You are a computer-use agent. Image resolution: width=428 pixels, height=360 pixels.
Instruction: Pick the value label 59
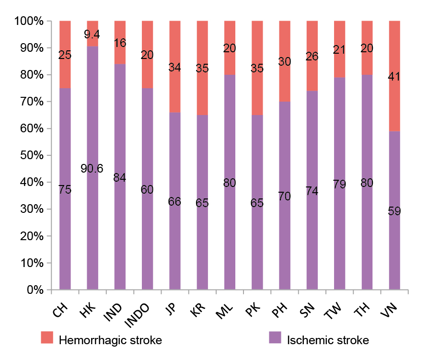394,211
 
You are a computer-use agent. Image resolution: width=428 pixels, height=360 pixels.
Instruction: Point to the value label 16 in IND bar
120,43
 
